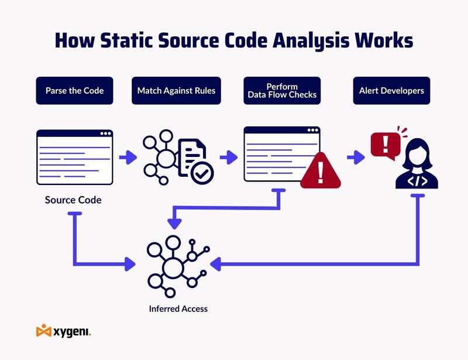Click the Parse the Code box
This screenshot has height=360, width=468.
(x=74, y=91)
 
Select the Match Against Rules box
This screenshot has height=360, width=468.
(x=176, y=91)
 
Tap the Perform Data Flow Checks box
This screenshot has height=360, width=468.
(x=281, y=91)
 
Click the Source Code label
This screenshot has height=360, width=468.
(x=73, y=200)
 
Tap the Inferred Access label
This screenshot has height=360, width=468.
(x=178, y=308)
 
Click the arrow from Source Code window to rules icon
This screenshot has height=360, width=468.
(x=127, y=157)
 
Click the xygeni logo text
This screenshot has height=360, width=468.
(x=71, y=332)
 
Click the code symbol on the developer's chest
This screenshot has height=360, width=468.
(x=417, y=180)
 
